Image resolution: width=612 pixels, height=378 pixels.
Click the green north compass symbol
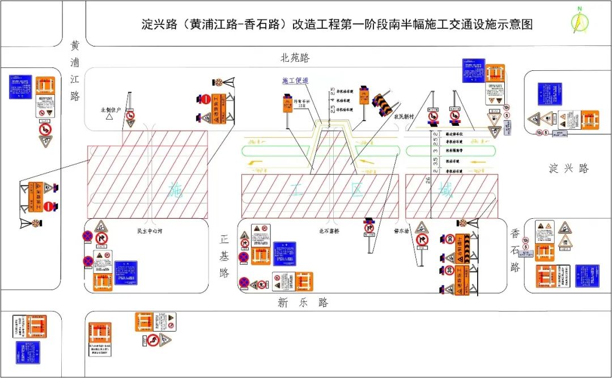pos(580,21)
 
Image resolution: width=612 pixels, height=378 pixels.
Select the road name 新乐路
pos(303,303)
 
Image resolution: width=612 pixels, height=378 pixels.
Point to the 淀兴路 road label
pos(568,168)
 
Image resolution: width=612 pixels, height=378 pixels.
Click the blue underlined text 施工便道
pos(295,81)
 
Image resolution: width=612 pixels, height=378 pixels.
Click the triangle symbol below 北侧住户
pos(108,117)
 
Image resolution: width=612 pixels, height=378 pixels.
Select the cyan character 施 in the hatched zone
pos(176,191)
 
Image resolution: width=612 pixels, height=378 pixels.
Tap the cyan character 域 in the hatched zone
pos(447,191)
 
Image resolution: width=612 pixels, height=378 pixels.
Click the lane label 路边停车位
pos(454,134)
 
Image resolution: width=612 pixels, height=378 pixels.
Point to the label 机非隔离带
pos(454,151)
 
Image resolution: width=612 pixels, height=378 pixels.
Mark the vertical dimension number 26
pos(428,180)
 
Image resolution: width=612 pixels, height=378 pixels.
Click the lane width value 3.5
pos(435,161)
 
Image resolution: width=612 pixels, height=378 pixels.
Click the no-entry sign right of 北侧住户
pos(206,100)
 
